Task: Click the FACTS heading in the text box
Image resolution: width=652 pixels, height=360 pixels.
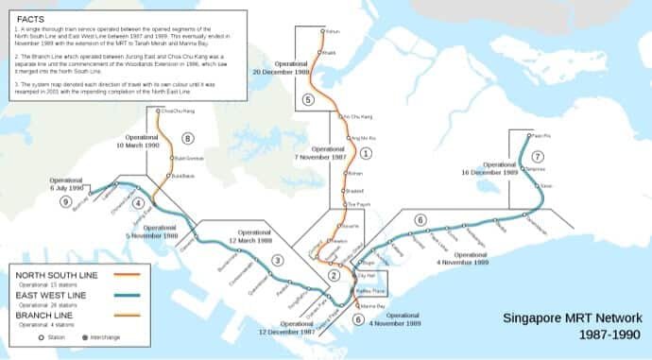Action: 32,18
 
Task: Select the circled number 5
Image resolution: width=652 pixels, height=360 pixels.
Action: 307,98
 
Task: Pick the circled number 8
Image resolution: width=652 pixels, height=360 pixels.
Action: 187,138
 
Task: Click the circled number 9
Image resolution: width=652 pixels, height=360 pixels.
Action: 65,201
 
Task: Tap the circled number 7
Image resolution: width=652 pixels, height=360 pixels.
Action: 537,156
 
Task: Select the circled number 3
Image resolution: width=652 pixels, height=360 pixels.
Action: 277,260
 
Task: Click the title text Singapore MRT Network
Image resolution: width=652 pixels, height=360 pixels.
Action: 573,318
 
